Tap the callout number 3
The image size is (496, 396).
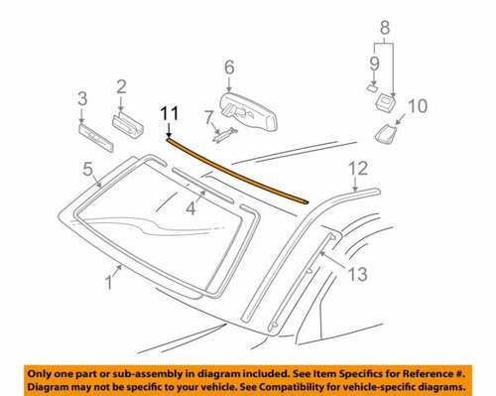(x=82, y=97)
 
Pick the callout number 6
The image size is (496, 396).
(x=229, y=67)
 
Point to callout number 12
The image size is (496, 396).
(x=358, y=168)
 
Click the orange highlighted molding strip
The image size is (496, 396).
(x=238, y=171)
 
